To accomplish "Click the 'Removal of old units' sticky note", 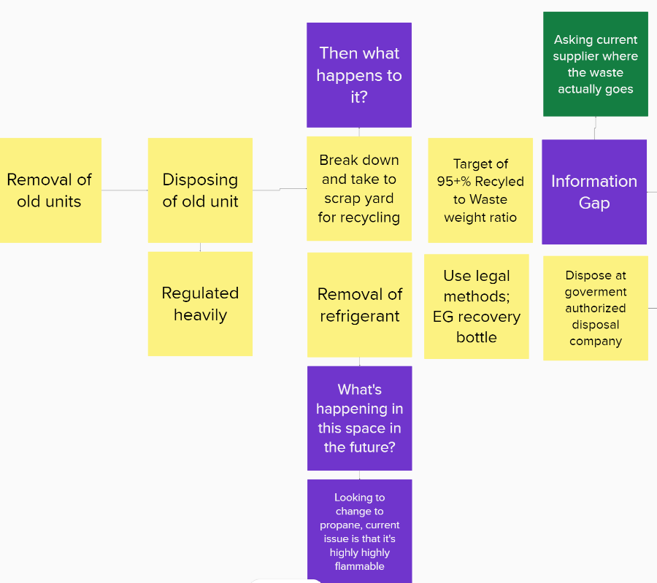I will (x=50, y=190).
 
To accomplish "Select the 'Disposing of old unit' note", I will (x=200, y=190).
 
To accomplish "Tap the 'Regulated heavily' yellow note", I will (x=200, y=304).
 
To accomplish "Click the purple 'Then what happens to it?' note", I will (x=359, y=75).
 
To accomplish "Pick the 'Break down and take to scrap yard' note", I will (x=359, y=188).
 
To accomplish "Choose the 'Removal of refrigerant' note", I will (x=359, y=305).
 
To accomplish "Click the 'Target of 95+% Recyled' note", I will (x=480, y=190).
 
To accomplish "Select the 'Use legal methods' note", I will (x=477, y=306).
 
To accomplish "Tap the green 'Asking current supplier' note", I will (x=596, y=64).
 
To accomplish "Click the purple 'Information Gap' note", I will (x=594, y=192).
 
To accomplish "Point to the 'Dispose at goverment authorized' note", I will (x=596, y=308).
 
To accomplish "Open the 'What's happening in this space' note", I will (x=360, y=418).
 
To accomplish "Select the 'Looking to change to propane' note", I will (x=360, y=531).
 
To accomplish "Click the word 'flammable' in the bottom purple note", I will (x=360, y=566).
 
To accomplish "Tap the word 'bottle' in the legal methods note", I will (x=477, y=337).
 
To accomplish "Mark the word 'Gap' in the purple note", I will (x=594, y=203).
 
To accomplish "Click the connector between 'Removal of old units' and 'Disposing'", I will (x=124, y=190).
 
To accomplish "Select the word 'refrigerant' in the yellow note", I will (x=360, y=316).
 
